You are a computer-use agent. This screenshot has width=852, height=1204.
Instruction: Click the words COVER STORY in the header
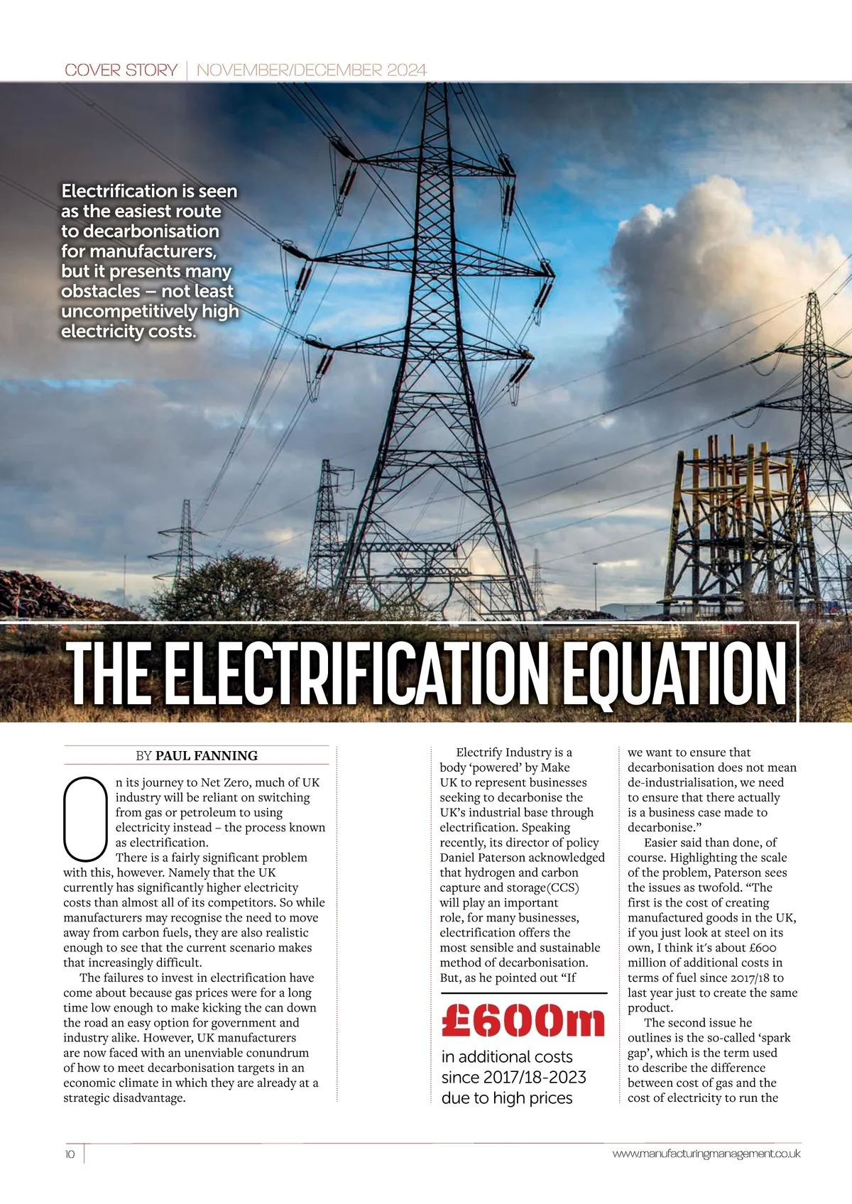pyautogui.click(x=121, y=70)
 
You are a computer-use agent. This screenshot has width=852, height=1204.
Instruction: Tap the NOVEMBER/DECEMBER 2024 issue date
pyautogui.click(x=311, y=70)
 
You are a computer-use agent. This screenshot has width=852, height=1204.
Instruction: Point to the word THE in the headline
pyautogui.click(x=110, y=673)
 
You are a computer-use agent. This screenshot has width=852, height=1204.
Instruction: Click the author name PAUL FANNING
pyautogui.click(x=207, y=755)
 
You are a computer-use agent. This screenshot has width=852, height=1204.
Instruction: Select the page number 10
pyautogui.click(x=70, y=1154)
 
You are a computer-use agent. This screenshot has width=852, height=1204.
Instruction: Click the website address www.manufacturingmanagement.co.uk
pyautogui.click(x=706, y=1154)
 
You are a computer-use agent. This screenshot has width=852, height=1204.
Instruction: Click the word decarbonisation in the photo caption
pyautogui.click(x=151, y=231)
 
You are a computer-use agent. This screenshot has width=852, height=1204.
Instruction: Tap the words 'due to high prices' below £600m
pyautogui.click(x=507, y=1098)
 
